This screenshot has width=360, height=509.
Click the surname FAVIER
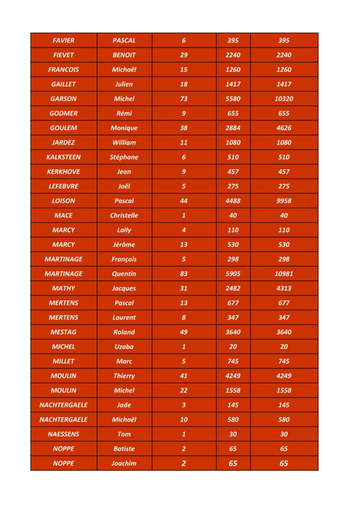[64, 40]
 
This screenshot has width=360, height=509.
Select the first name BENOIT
[124, 55]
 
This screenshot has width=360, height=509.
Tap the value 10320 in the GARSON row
[284, 99]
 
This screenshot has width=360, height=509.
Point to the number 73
[184, 99]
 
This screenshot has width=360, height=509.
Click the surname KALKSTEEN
[64, 157]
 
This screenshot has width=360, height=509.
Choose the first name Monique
[124, 128]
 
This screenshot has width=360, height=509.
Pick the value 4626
[284, 128]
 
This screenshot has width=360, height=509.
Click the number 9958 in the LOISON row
[284, 201]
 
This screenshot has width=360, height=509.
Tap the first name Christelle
[124, 215]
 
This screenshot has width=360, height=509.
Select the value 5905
[233, 273]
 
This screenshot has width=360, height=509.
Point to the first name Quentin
[124, 273]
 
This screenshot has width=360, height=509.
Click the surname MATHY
[64, 288]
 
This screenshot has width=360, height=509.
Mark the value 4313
[284, 288]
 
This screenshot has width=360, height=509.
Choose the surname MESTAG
[64, 332]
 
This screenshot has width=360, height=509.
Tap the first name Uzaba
[124, 346]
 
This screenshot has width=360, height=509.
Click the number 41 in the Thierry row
[184, 376]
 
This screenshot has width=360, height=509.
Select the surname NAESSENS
[64, 434]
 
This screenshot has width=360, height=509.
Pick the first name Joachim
[124, 463]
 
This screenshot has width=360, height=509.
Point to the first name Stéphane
[124, 157]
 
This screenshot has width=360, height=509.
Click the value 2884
[233, 128]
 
